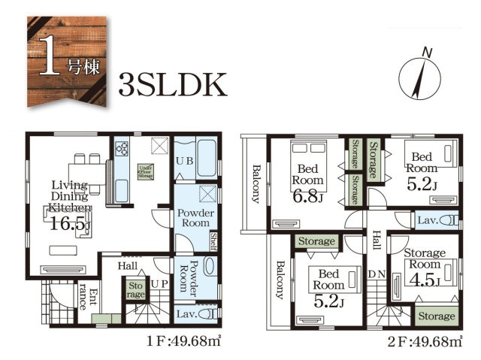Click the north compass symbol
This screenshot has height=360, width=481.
click(422, 73)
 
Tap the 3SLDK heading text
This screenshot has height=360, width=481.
click(172, 85)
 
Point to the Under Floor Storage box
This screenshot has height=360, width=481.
click(146, 171)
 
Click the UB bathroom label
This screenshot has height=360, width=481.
click(184, 162)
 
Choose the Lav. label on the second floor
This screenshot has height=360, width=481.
click(428, 220)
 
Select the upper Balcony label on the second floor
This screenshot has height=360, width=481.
click(256, 185)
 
